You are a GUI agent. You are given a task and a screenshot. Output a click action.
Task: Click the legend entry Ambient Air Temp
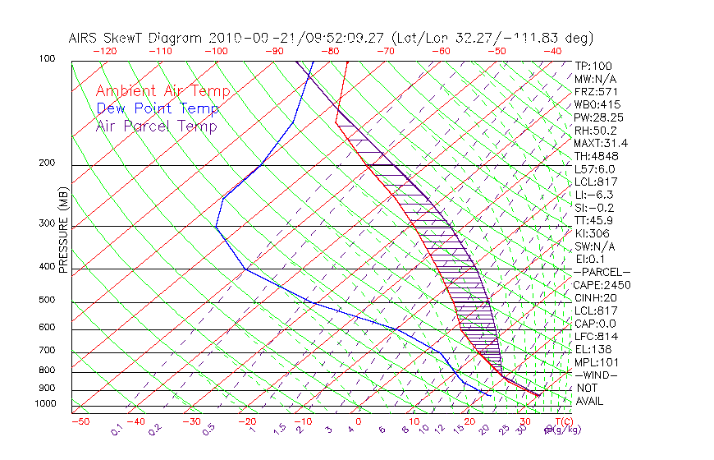coord(162,91)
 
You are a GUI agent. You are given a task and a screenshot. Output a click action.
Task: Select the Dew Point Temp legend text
coord(158,108)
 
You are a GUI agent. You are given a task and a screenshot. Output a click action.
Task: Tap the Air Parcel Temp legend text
coord(157,126)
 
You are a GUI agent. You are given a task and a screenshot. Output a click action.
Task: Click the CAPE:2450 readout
coord(601,285)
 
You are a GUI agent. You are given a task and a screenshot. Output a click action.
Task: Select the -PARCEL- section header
coord(602,272)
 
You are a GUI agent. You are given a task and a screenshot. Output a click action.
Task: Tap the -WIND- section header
coord(596,375)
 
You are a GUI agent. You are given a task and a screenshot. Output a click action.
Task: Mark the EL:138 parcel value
coord(593,349)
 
